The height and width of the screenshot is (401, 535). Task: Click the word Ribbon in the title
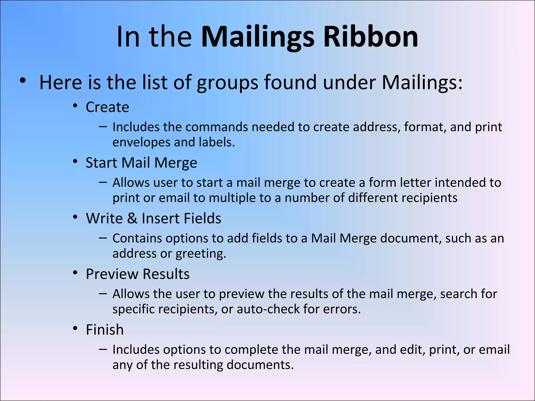click(371, 37)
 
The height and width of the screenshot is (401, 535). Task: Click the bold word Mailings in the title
click(258, 37)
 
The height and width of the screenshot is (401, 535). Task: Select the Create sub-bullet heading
click(107, 107)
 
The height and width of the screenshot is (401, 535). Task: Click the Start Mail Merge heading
click(141, 163)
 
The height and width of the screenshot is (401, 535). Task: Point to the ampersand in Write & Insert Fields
click(132, 218)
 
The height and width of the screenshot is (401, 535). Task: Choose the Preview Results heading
click(138, 274)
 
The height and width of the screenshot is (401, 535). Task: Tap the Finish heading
click(105, 329)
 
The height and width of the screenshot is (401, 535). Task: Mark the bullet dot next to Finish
click(75, 328)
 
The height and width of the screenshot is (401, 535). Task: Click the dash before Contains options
click(103, 238)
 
